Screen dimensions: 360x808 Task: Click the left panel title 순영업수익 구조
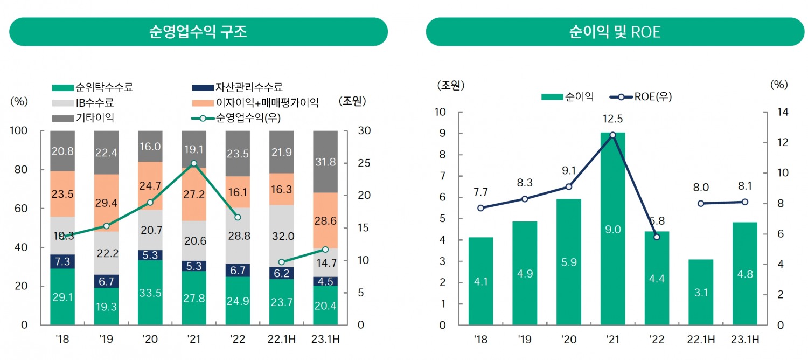[198, 32]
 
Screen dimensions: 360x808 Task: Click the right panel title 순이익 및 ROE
[615, 32]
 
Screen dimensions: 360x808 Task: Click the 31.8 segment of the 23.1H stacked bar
[325, 162]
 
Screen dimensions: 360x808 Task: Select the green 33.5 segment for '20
[150, 293]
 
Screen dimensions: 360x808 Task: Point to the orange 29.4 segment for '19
[106, 203]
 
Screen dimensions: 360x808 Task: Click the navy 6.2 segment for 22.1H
[281, 273]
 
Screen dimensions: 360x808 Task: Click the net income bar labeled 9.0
[612, 229]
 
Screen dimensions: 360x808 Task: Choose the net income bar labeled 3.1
[700, 292]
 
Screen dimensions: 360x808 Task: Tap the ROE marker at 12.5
[612, 135]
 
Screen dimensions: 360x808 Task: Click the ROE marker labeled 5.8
[657, 237]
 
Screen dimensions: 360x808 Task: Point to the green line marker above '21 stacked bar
[194, 163]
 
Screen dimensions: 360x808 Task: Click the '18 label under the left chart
[62, 340]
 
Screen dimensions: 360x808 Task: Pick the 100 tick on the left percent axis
[20, 131]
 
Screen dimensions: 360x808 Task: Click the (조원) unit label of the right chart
[450, 85]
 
